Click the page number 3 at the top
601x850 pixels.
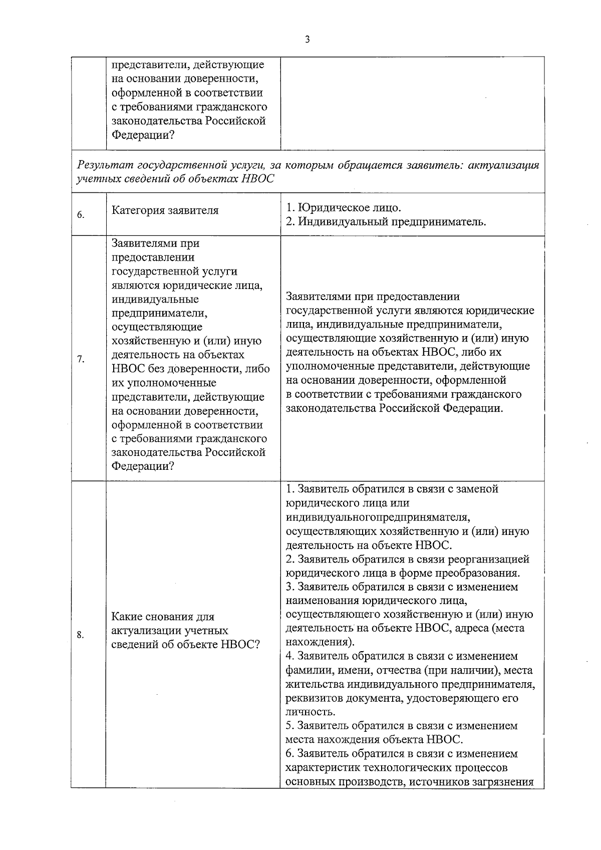[x=307, y=40]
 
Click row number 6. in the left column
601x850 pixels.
[x=81, y=215]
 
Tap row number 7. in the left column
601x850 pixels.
[x=81, y=359]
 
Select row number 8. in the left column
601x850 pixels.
[x=81, y=635]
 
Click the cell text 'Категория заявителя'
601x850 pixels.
[x=165, y=210]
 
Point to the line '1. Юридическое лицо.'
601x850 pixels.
[x=344, y=207]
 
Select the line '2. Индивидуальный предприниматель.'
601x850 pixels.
[x=386, y=221]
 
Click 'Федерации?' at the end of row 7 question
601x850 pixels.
[x=143, y=466]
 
